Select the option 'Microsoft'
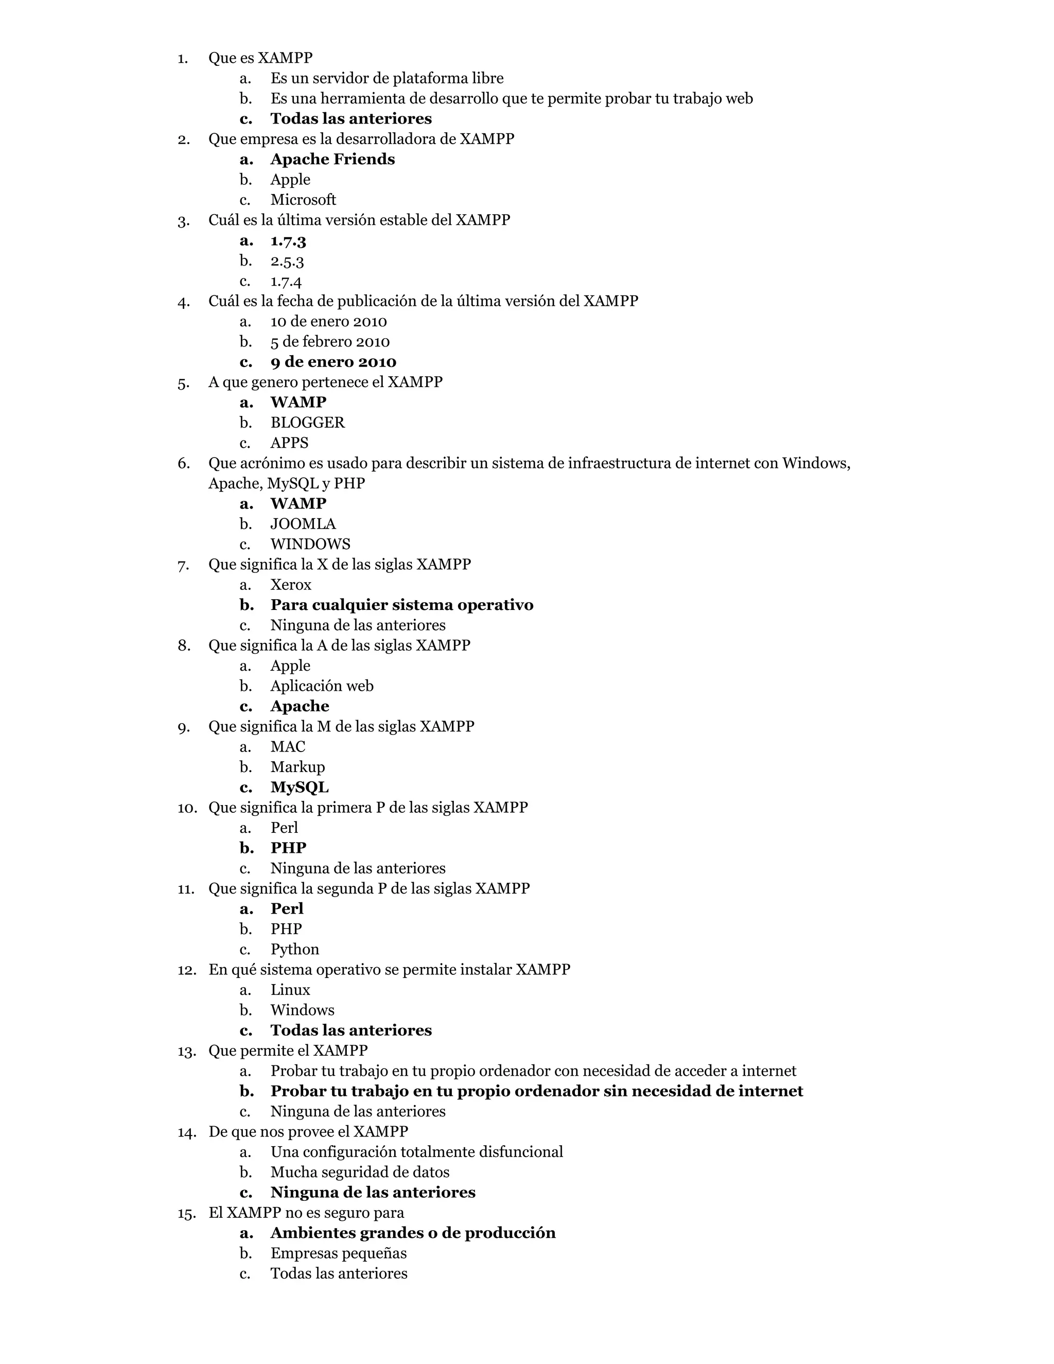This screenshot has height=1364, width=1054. tap(303, 200)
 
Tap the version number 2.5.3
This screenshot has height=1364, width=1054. tap(287, 260)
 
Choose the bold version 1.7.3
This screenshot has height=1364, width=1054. tap(288, 240)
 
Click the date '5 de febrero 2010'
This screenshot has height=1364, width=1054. tap(330, 342)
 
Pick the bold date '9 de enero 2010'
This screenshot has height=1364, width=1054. tap(333, 362)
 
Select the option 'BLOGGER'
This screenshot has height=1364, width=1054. tap(307, 423)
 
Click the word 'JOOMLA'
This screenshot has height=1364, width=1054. tap(303, 524)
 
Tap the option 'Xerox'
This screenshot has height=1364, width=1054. tap(290, 585)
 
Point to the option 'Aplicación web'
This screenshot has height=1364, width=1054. tap(322, 686)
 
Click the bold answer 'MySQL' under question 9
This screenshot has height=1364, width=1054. tap(299, 788)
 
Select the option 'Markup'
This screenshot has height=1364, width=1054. tap(297, 767)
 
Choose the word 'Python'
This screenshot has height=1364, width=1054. tap(295, 949)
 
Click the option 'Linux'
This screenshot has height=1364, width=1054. tap(290, 990)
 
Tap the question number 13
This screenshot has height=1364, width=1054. tap(186, 1051)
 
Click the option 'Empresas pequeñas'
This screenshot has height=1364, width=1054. tap(339, 1253)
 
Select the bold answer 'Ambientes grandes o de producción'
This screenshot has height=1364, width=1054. tap(413, 1233)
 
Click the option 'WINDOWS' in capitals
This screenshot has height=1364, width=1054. tap(310, 544)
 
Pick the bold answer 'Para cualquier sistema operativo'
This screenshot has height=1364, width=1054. tap(401, 605)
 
